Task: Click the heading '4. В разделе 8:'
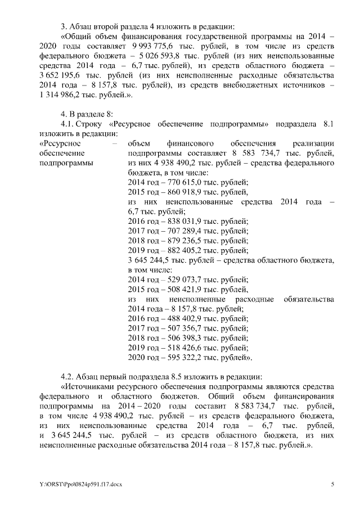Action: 87,114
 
